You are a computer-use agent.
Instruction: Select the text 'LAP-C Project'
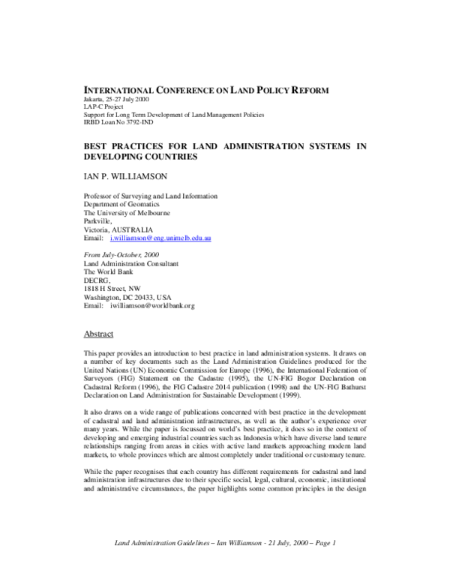[103, 107]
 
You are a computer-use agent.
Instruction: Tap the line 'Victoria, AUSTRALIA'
[118, 229]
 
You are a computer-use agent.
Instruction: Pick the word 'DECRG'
[96, 280]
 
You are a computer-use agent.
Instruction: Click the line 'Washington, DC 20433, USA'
[128, 297]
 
